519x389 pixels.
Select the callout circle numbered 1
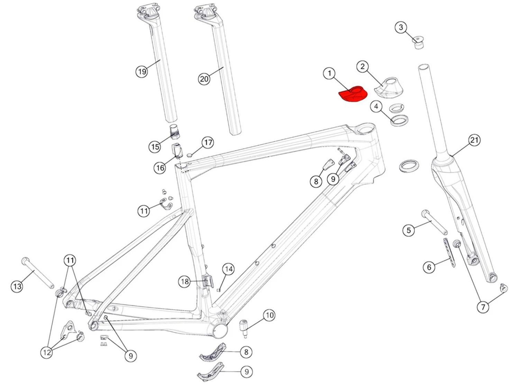(x=329, y=74)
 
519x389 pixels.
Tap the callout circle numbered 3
(x=401, y=27)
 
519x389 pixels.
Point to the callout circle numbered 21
(x=474, y=140)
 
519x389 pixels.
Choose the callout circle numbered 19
(x=142, y=71)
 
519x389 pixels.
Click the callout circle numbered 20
(x=204, y=79)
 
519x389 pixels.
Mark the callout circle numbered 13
(x=17, y=287)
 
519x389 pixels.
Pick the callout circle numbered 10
(x=270, y=315)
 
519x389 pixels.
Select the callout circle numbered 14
(x=228, y=269)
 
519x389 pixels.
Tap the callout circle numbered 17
(x=208, y=143)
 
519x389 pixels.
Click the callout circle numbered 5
(x=409, y=230)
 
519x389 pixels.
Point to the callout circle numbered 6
(x=429, y=267)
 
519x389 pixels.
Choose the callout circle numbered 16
(x=160, y=168)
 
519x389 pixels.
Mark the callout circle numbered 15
(x=155, y=147)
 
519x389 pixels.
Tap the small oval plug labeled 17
(x=190, y=155)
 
